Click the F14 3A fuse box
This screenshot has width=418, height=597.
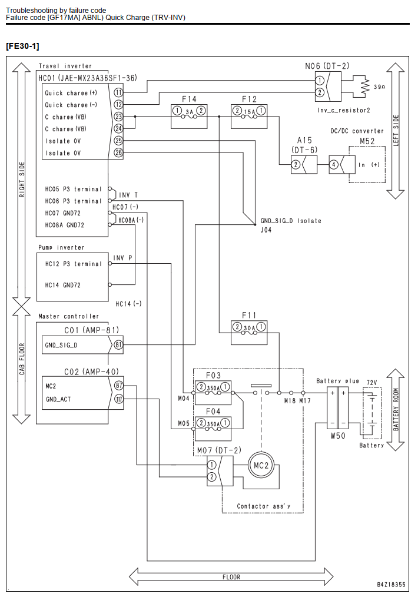pos(189,116)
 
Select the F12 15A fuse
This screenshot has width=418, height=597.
pos(249,116)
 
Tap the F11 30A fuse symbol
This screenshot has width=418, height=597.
pos(249,333)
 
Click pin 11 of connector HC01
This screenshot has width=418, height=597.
pos(119,92)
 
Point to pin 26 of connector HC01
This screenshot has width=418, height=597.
pos(119,152)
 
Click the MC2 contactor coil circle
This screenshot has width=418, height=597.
pos(261,465)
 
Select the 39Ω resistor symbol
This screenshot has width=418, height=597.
pos(365,87)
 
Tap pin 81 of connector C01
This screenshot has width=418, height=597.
pos(119,345)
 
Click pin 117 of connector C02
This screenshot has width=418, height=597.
pos(119,399)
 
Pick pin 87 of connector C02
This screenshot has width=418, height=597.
pos(119,385)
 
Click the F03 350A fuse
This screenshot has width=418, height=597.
pos(213,392)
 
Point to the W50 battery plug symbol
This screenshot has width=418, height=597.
pos(338,407)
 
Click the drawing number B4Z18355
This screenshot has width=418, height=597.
pos(392,585)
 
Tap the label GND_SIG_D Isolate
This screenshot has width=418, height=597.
pos(291,221)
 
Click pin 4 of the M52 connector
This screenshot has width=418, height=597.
pos(333,165)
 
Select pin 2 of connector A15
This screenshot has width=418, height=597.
pos(296,165)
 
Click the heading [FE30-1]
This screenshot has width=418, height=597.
pos(22,46)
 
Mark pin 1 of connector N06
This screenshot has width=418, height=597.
pos(320,80)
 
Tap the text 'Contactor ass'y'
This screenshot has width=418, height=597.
pos(263,506)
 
